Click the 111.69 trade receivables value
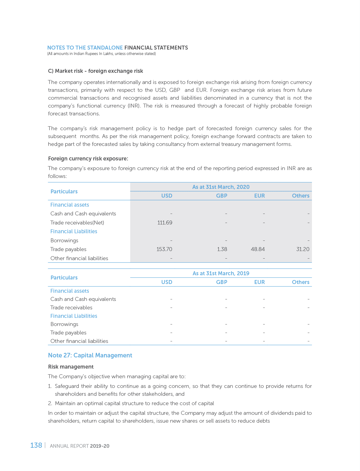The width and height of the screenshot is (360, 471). pyautogui.click(x=165, y=223)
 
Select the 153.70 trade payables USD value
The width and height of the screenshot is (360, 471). pyautogui.click(x=164, y=249)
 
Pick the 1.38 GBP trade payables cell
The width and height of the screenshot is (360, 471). pyautogui.click(x=222, y=249)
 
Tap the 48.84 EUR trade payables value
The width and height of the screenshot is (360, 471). pyautogui.click(x=258, y=249)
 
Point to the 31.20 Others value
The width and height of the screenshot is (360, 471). pyautogui.click(x=303, y=249)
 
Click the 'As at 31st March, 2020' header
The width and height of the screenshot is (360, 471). pyautogui.click(x=221, y=187)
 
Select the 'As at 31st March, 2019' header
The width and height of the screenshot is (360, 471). pyautogui.click(x=221, y=273)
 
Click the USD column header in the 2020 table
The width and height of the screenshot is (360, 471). pyautogui.click(x=167, y=196)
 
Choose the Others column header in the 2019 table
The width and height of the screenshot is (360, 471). pyautogui.click(x=300, y=282)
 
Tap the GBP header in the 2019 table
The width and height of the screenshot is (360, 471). pyautogui.click(x=222, y=282)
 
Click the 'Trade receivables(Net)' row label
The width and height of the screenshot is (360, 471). pyautogui.click(x=77, y=223)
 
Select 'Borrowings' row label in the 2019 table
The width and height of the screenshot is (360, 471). pyautogui.click(x=64, y=324)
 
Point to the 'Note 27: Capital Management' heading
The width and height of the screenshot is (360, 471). pyautogui.click(x=90, y=355)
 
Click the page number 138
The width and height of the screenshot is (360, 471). pyautogui.click(x=36, y=445)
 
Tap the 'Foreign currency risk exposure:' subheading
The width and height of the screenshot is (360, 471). pyautogui.click(x=88, y=159)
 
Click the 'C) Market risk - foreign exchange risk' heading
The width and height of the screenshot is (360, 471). pyautogui.click(x=96, y=71)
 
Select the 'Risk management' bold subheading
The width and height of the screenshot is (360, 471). pyautogui.click(x=71, y=367)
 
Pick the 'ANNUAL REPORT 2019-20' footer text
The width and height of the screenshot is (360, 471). pyautogui.click(x=79, y=446)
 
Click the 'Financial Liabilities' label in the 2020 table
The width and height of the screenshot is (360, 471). pyautogui.click(x=74, y=231)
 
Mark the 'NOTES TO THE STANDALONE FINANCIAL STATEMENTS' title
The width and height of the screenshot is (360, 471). pyautogui.click(x=118, y=48)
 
